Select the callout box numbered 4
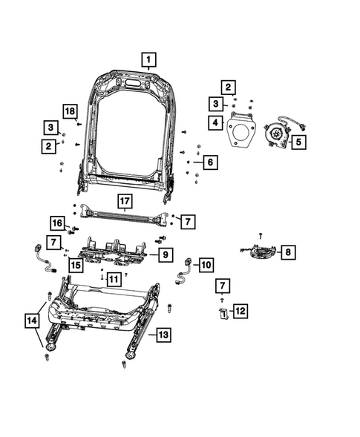215,122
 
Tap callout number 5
299,140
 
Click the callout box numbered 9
166,254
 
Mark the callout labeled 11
113,279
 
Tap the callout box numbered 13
163,335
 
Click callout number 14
31,321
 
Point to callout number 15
76,265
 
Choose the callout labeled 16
57,223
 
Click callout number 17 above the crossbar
124,200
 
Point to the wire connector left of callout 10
183,272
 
